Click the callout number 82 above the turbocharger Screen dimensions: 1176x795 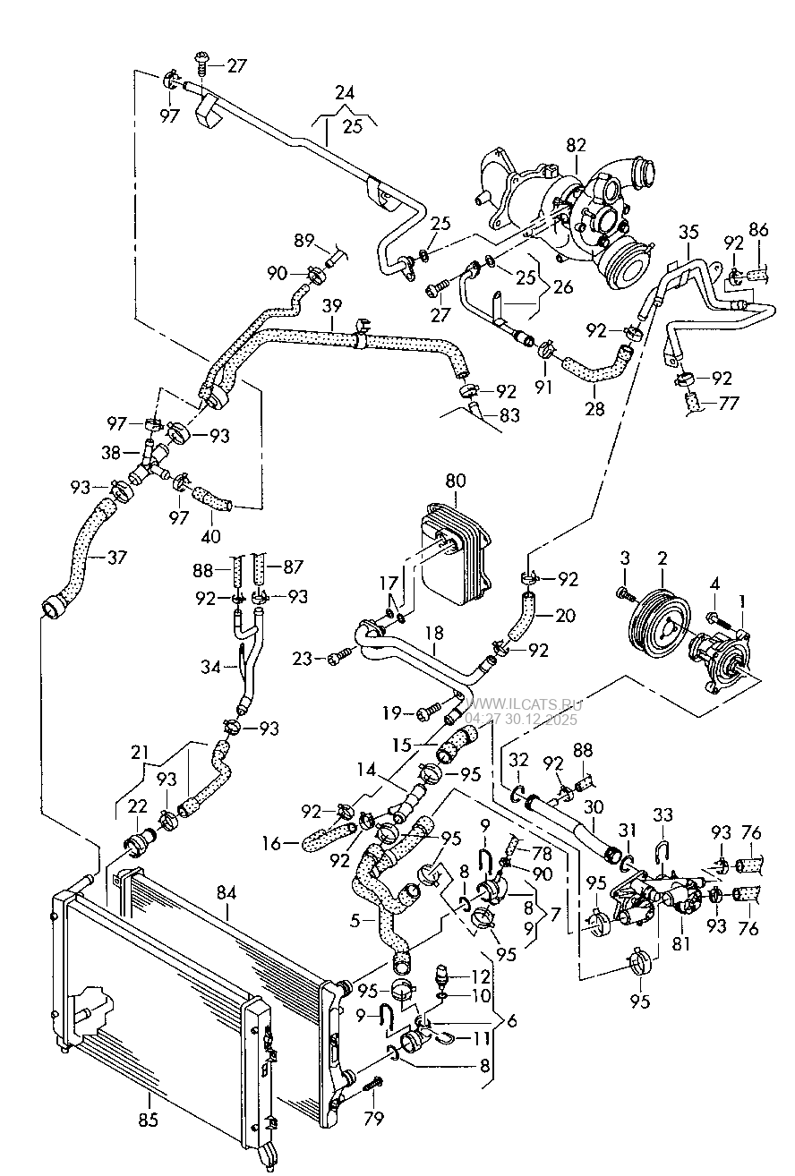click(576, 145)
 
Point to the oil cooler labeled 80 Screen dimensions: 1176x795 click(453, 555)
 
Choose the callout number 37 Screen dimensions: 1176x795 click(116, 557)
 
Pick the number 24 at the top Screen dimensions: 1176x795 click(345, 92)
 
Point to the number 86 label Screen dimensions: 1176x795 click(758, 230)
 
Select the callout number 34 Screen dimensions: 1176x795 click(209, 666)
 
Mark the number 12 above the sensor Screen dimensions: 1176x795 click(481, 977)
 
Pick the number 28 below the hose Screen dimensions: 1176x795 click(594, 408)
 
